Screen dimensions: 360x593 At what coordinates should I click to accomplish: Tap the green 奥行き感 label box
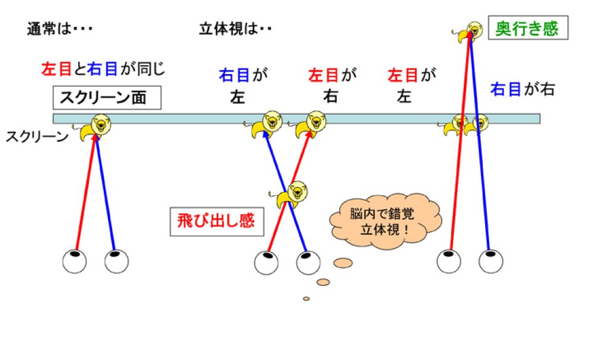pyautogui.click(x=527, y=28)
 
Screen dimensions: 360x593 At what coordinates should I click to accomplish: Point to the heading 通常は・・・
pyautogui.click(x=60, y=29)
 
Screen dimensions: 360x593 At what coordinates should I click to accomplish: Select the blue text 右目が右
pyautogui.click(x=522, y=90)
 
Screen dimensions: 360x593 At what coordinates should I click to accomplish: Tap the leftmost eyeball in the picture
pyautogui.click(x=75, y=262)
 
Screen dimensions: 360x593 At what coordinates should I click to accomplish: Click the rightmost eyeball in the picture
pyautogui.click(x=491, y=261)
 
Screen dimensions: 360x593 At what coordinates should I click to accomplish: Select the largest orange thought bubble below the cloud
pyautogui.click(x=342, y=262)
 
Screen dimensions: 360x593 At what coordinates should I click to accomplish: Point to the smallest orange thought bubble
pyautogui.click(x=306, y=298)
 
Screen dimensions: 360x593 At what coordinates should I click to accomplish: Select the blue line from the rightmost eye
pyautogui.click(x=484, y=190)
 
